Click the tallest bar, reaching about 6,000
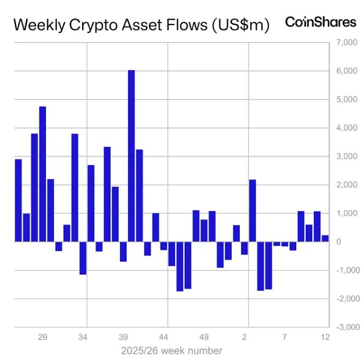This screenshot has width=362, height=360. coord(131,156)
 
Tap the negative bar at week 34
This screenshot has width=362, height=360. coord(83,258)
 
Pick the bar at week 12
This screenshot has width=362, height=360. coord(325,239)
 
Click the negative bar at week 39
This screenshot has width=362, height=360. coord(123,251)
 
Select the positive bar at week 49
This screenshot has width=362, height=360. coord(204,230)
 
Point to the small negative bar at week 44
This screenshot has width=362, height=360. coord(164,246)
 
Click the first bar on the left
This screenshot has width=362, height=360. coord(18,200)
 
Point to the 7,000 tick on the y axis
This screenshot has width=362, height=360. coord(346,43)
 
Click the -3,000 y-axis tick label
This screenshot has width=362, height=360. coord(346,327)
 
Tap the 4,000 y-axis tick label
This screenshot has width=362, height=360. coord(346,128)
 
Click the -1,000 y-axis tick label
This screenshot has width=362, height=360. coord(346,270)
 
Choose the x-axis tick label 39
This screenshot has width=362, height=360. coord(123,338)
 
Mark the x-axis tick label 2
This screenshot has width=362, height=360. coord(245,338)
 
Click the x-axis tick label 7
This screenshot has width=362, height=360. coord(285,338)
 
